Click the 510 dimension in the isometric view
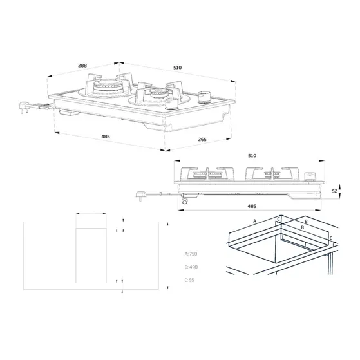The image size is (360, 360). [x=176, y=68]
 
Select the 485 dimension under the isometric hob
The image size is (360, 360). [x=106, y=137]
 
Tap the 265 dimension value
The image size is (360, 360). [x=202, y=140]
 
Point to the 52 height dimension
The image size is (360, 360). [x=334, y=191]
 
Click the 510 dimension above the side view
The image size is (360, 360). [x=252, y=156]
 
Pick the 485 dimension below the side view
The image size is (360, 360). [x=252, y=206]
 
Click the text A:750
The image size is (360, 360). [x=191, y=254]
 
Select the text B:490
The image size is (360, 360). [x=191, y=267]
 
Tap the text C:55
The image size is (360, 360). [x=189, y=280]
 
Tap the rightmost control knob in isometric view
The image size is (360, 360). [x=206, y=97]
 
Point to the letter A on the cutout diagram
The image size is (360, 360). [x=255, y=220]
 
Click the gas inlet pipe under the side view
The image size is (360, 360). [x=185, y=201]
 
